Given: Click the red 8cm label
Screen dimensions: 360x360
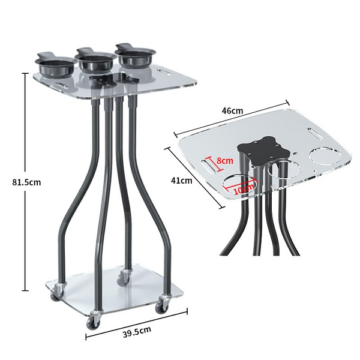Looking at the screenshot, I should pos(225,161).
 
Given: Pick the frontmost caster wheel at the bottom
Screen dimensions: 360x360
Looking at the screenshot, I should pos(93,322).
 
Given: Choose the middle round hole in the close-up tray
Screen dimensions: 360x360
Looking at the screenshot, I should pos(282,170).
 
